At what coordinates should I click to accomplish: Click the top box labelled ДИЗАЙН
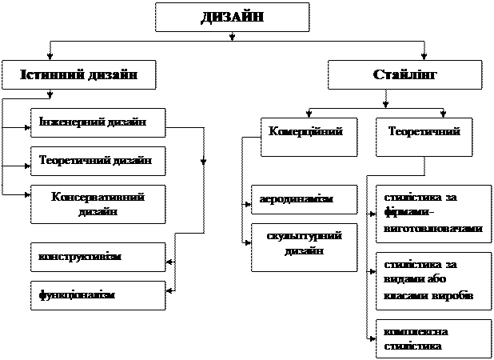pos(232,17)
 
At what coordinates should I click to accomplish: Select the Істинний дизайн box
pos(78,74)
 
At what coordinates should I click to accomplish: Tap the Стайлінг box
pos(405,74)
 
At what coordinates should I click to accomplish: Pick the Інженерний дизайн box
pos(98,123)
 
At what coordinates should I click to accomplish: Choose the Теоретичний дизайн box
pos(98,161)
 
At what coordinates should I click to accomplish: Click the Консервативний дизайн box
pos(98,204)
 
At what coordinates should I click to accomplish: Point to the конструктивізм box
pos(98,257)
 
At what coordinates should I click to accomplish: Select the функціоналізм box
pos(98,295)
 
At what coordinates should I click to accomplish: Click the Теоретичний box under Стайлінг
pos(424,137)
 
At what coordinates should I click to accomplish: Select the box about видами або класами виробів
pos(433,280)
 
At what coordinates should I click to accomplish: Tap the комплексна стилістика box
pos(433,338)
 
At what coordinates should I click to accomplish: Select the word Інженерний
pos(71,123)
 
